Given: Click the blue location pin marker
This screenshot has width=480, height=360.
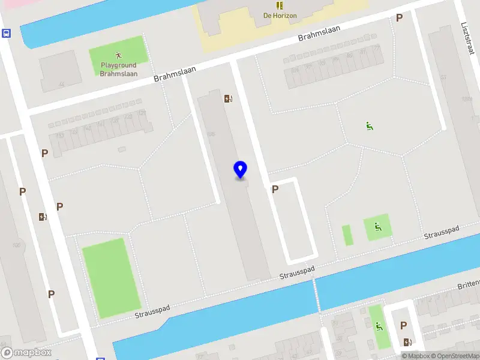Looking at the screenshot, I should pos(241,169).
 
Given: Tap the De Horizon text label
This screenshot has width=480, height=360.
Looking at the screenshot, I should pos(280,16).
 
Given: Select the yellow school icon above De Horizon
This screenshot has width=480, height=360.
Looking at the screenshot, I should pos(280,5).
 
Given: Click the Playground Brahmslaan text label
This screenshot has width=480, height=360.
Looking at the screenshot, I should pos(119,70).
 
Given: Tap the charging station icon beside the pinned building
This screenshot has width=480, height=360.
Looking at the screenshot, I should pos(228,99).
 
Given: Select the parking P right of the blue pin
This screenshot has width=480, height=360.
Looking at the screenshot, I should pos(275,190).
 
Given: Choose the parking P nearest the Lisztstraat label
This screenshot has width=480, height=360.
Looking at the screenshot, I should pos(399,18).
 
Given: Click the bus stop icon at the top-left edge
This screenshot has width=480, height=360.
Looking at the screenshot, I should pos(6,34).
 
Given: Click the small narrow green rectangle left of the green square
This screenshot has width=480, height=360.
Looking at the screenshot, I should pos(347,235).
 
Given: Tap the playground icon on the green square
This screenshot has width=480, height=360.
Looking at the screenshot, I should pos(377,227).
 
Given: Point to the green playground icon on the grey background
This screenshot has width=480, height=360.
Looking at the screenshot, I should pos(369,125).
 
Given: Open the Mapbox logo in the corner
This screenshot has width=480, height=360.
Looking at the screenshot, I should pos(26,353).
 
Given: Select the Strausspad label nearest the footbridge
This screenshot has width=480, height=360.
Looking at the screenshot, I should pos(297,274).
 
